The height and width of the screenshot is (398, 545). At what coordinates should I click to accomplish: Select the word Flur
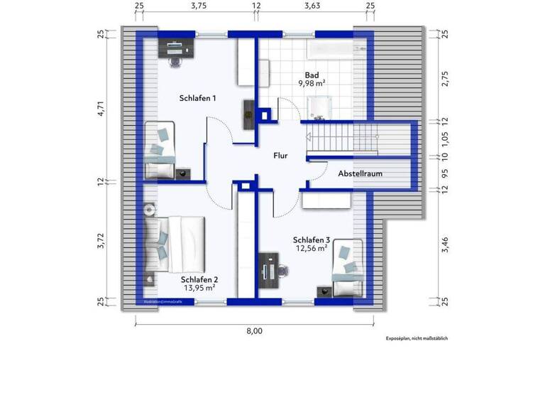[x=281, y=154]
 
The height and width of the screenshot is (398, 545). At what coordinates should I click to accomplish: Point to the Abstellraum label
[x=360, y=173]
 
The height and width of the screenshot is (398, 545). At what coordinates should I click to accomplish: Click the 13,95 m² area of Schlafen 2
[x=201, y=289]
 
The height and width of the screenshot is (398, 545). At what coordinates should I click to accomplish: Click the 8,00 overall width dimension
[x=254, y=330]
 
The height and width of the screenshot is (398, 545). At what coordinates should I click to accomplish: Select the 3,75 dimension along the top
[x=198, y=6]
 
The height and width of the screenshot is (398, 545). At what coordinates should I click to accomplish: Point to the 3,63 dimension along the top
[x=312, y=6]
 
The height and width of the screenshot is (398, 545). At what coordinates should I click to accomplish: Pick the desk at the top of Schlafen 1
[x=177, y=48]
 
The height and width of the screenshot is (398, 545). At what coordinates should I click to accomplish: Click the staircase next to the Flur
[x=348, y=135]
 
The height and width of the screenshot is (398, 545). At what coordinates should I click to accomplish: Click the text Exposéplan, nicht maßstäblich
[x=417, y=338]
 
